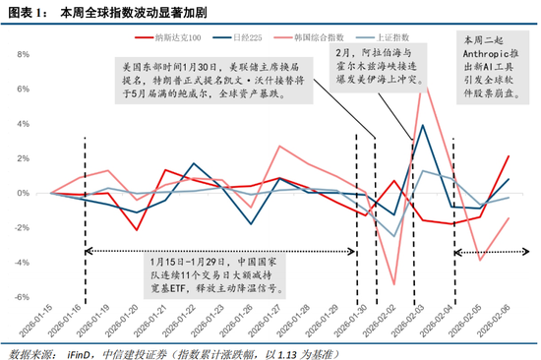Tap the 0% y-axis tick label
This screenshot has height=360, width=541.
point(30,193)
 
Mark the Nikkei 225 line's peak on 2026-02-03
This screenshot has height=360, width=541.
point(422,125)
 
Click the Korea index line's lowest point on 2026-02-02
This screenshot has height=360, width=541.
point(393,284)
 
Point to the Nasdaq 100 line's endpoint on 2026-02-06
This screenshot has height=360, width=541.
point(509,155)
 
